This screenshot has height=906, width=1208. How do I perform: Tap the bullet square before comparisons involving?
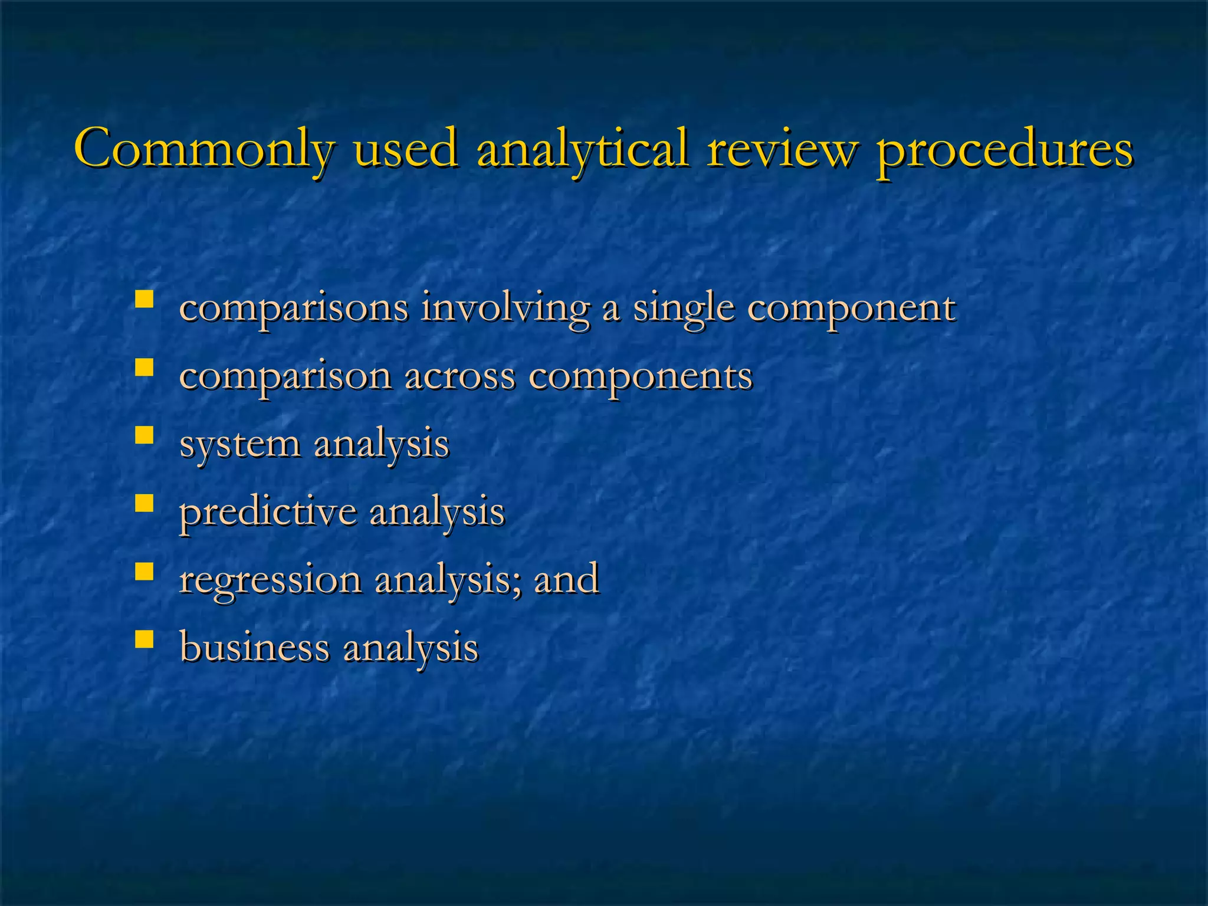(x=144, y=299)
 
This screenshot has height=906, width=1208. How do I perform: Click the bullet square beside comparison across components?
(x=144, y=367)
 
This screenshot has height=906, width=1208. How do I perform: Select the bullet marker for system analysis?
(x=144, y=435)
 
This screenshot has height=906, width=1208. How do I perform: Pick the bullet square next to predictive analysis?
(x=144, y=503)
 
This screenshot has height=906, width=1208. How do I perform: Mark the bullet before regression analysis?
(x=144, y=571)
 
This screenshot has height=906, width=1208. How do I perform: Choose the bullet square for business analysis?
(x=144, y=639)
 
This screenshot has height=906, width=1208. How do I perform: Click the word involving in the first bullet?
(x=505, y=309)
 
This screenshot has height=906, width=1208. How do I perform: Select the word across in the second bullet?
(x=459, y=376)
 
